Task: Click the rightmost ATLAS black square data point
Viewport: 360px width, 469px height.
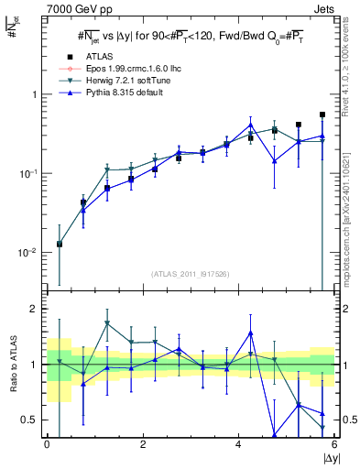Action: tap(322, 115)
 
